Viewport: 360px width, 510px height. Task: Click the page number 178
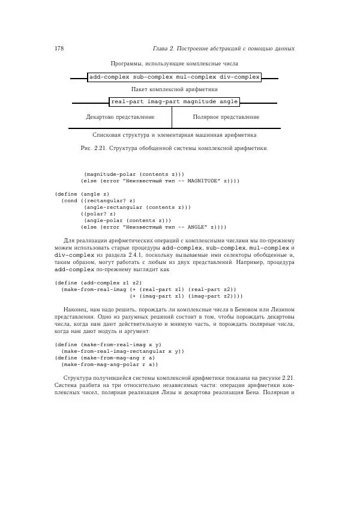pyautogui.click(x=59, y=48)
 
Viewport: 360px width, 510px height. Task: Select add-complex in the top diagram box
pyautogui.click(x=109, y=77)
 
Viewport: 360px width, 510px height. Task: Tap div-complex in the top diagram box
pyautogui.click(x=238, y=77)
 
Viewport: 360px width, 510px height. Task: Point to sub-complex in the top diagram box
pyautogui.click(x=152, y=77)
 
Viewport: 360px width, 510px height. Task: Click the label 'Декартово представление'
pyautogui.click(x=120, y=117)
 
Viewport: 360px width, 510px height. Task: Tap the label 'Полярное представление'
pyautogui.click(x=226, y=117)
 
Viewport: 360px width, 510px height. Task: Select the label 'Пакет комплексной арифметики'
pyautogui.click(x=174, y=89)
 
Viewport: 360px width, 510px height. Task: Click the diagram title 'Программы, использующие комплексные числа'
pyautogui.click(x=175, y=64)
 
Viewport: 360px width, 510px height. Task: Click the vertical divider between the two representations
pyautogui.click(x=172, y=118)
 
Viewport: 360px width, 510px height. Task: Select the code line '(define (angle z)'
pyautogui.click(x=82, y=194)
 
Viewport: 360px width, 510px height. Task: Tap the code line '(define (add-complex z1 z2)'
pyautogui.click(x=98, y=282)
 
